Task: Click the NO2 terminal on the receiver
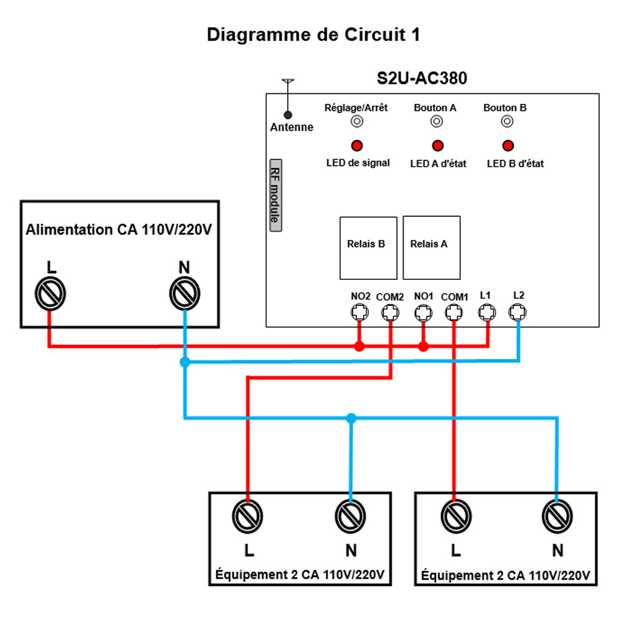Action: [359, 313]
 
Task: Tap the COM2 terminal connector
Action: [391, 313]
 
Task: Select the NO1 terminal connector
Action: [424, 313]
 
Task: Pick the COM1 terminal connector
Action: [455, 313]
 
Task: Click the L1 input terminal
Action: [488, 312]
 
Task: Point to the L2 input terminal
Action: [518, 312]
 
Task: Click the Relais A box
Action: [432, 248]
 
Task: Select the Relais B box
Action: [368, 248]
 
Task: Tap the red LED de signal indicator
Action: [357, 146]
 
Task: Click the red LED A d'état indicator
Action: [438, 146]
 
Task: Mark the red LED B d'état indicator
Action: [508, 146]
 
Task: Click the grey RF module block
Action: [274, 195]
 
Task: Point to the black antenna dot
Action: [287, 114]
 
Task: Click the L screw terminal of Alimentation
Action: [50, 293]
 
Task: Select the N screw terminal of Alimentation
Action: [185, 293]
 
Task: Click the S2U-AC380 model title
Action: [422, 78]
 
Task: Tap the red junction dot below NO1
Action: [424, 346]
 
